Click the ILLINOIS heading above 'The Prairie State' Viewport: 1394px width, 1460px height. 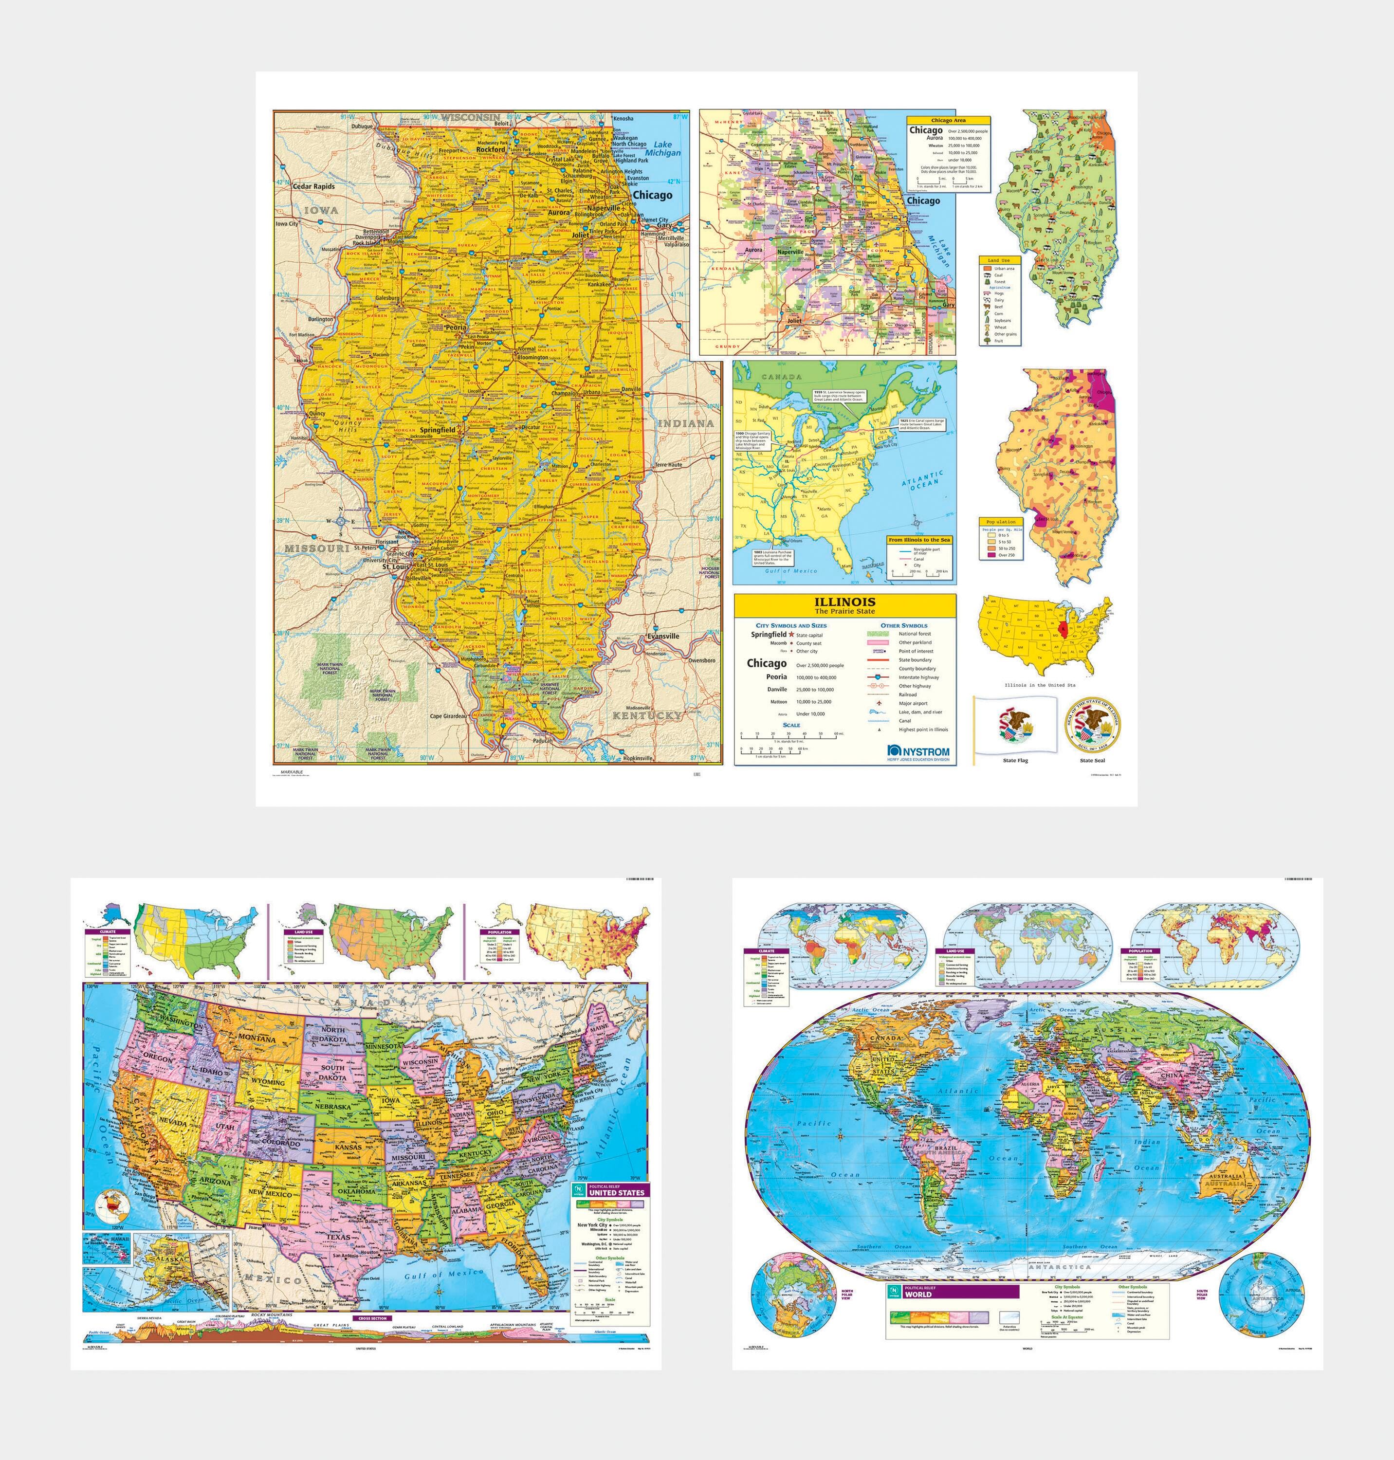click(845, 602)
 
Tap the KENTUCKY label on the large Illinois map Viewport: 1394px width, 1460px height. click(646, 715)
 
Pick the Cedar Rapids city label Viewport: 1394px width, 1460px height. click(313, 186)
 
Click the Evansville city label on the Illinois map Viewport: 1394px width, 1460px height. click(663, 636)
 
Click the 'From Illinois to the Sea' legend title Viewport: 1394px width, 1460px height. click(919, 540)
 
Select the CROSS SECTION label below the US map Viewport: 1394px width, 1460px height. click(372, 1318)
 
